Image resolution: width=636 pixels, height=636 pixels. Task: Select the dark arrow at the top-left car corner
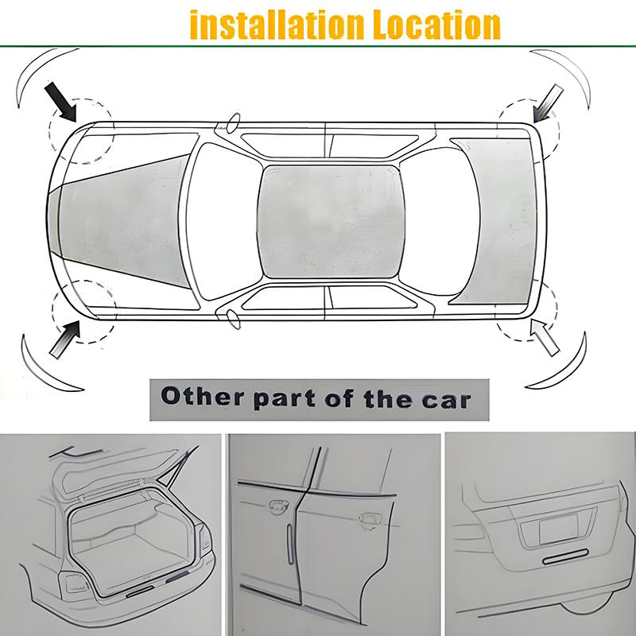(61, 102)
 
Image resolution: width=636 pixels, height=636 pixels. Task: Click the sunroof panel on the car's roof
(331, 220)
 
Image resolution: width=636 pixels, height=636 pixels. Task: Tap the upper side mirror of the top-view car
(233, 123)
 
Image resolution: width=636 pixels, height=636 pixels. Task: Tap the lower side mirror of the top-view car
(232, 318)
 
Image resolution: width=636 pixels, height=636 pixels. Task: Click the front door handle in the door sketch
(279, 506)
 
